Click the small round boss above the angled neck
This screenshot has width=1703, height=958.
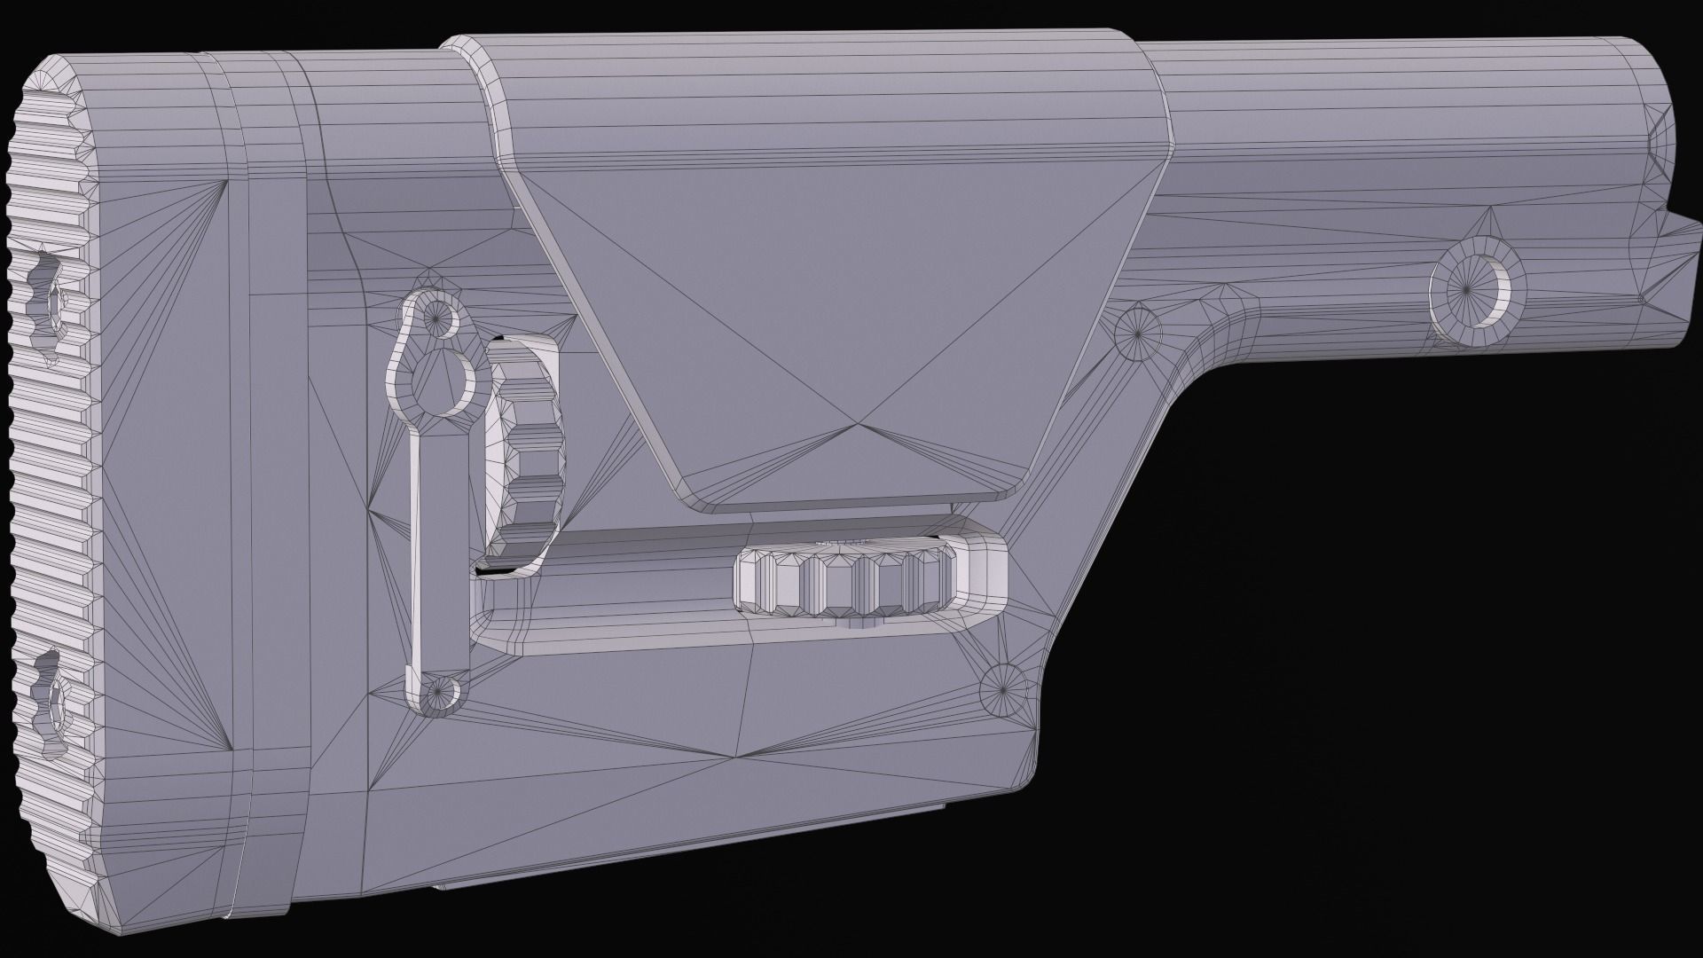(x=1137, y=331)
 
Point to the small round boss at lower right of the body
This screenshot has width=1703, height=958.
(x=1003, y=688)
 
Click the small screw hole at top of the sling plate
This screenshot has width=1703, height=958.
(x=437, y=312)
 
